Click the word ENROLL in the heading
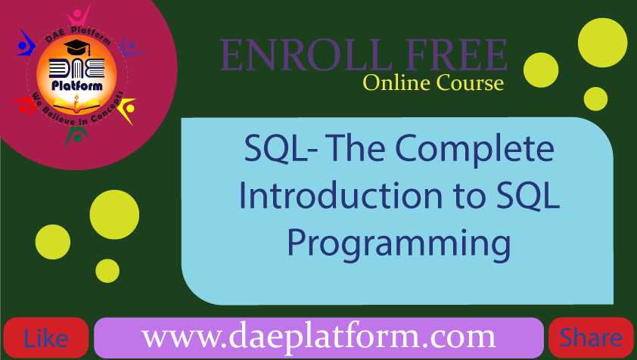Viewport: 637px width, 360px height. pyautogui.click(x=305, y=55)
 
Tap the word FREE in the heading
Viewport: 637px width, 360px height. pyautogui.click(x=457, y=55)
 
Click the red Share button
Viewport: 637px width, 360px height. pyautogui.click(x=591, y=337)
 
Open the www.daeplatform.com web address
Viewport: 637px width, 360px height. pyautogui.click(x=318, y=337)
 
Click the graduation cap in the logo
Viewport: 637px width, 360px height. pyautogui.click(x=76, y=48)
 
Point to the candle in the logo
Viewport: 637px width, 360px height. pyautogui.click(x=76, y=103)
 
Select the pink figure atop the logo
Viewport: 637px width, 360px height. pyautogui.click(x=79, y=16)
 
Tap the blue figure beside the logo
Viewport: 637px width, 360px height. pyautogui.click(x=26, y=43)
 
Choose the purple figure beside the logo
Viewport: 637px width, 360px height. pyautogui.click(x=131, y=47)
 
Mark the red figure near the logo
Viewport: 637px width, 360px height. pyautogui.click(x=24, y=106)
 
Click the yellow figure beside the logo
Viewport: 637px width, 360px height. pyautogui.click(x=128, y=110)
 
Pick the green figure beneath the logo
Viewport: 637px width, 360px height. pyautogui.click(x=76, y=135)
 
